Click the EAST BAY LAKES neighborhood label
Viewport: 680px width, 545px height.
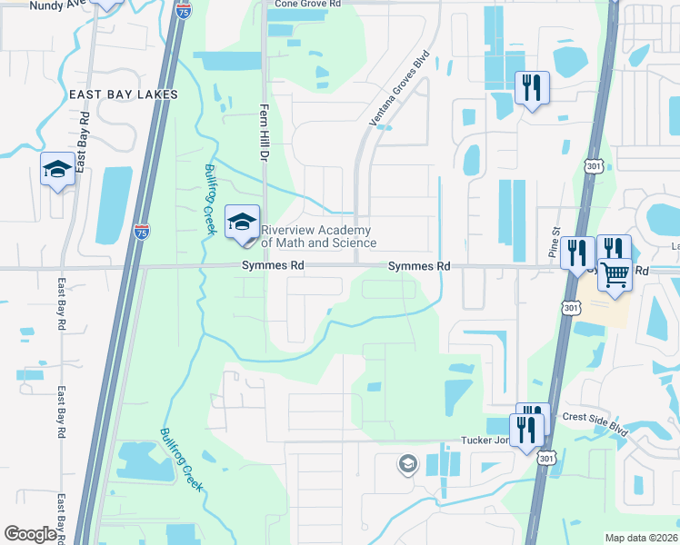pyautogui.click(x=123, y=94)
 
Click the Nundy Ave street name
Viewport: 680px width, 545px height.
pyautogui.click(x=56, y=5)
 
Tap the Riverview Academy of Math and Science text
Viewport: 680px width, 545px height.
pyautogui.click(x=318, y=236)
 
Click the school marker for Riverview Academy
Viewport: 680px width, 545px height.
pyautogui.click(x=242, y=223)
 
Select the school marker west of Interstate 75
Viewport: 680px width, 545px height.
pyautogui.click(x=57, y=169)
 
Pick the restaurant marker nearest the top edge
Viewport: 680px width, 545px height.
pyautogui.click(x=530, y=88)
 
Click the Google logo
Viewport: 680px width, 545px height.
pyautogui.click(x=30, y=534)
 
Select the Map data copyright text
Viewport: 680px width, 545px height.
pyautogui.click(x=642, y=538)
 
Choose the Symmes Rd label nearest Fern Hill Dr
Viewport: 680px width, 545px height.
pyautogui.click(x=272, y=266)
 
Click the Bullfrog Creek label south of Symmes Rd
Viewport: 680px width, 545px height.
pyautogui.click(x=182, y=460)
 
